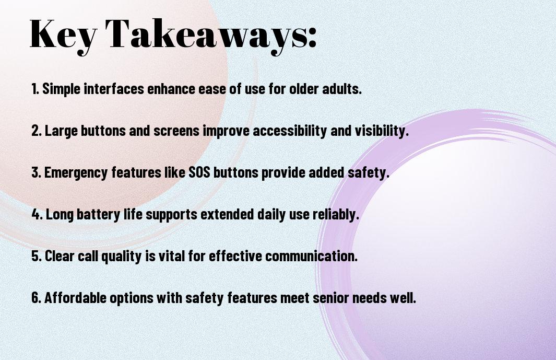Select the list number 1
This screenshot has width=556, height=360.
[x=35, y=89]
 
